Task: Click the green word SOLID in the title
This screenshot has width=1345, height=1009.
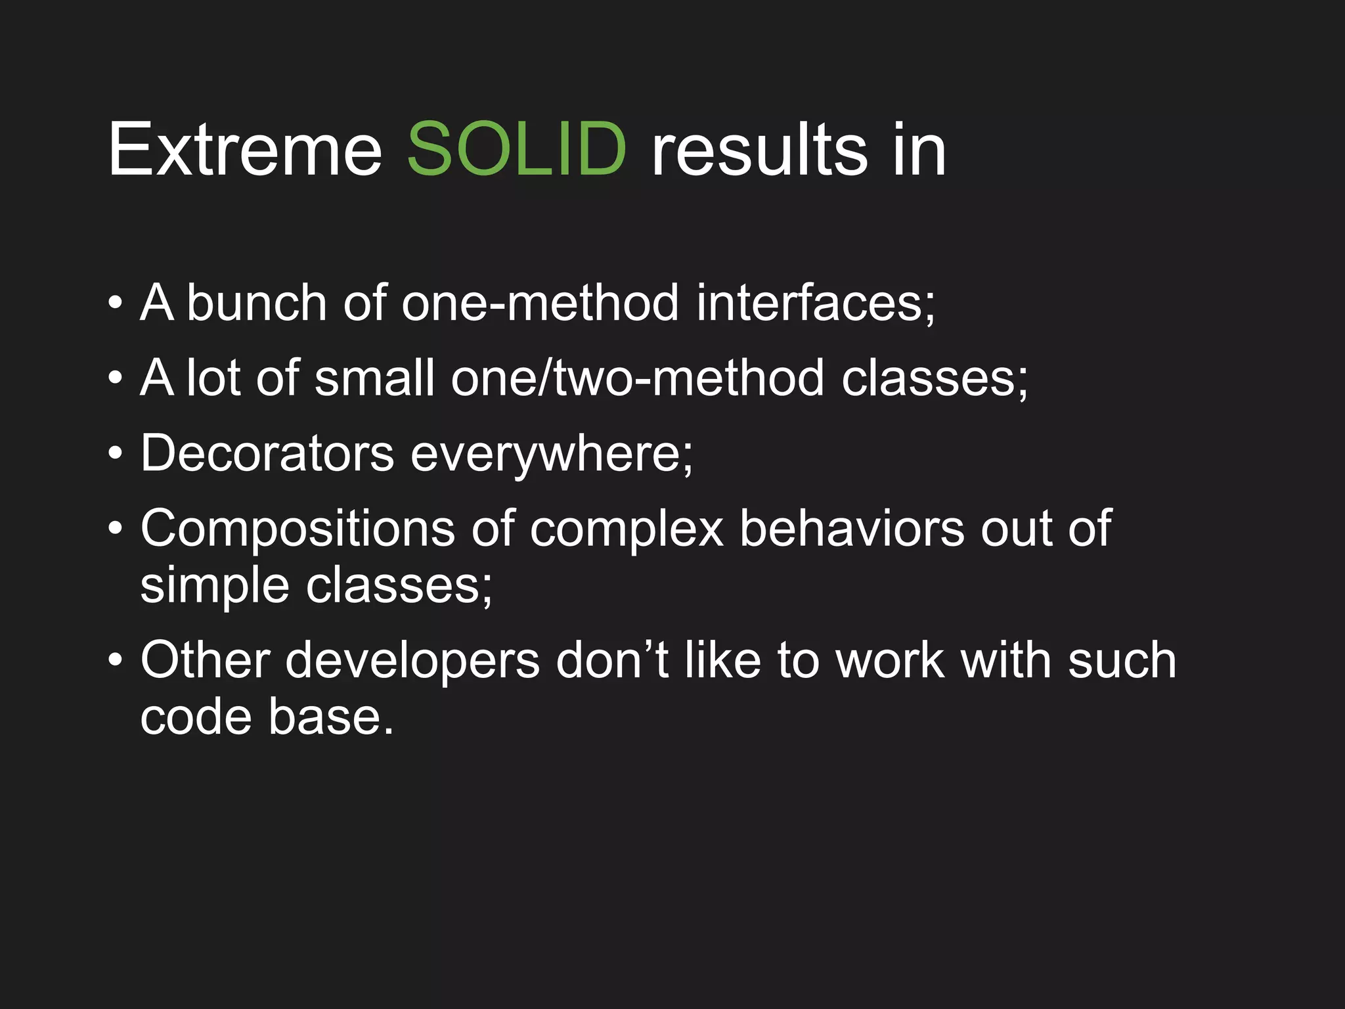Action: (x=516, y=150)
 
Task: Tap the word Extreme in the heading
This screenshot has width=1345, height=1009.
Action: (x=244, y=150)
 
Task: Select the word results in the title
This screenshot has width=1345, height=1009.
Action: (x=759, y=150)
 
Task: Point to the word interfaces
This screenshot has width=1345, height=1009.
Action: (x=814, y=303)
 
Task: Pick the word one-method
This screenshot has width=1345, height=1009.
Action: (x=540, y=303)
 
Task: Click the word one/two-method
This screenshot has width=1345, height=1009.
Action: (x=637, y=378)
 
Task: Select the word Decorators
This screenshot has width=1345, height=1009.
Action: (x=267, y=453)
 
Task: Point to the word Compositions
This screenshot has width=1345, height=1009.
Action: (x=297, y=529)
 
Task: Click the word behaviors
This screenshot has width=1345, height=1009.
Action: (x=852, y=528)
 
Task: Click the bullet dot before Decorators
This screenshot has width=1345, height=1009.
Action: (x=116, y=454)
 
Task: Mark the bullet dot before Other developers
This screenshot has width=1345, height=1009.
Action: (x=116, y=660)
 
